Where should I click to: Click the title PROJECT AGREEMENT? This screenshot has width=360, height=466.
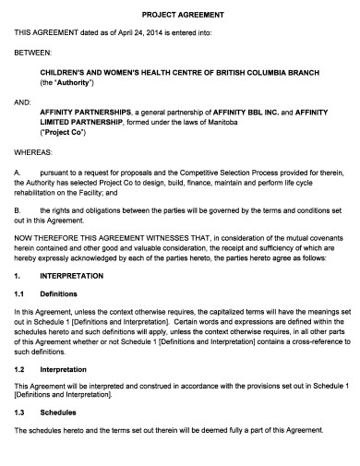pyautogui.click(x=182, y=14)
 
